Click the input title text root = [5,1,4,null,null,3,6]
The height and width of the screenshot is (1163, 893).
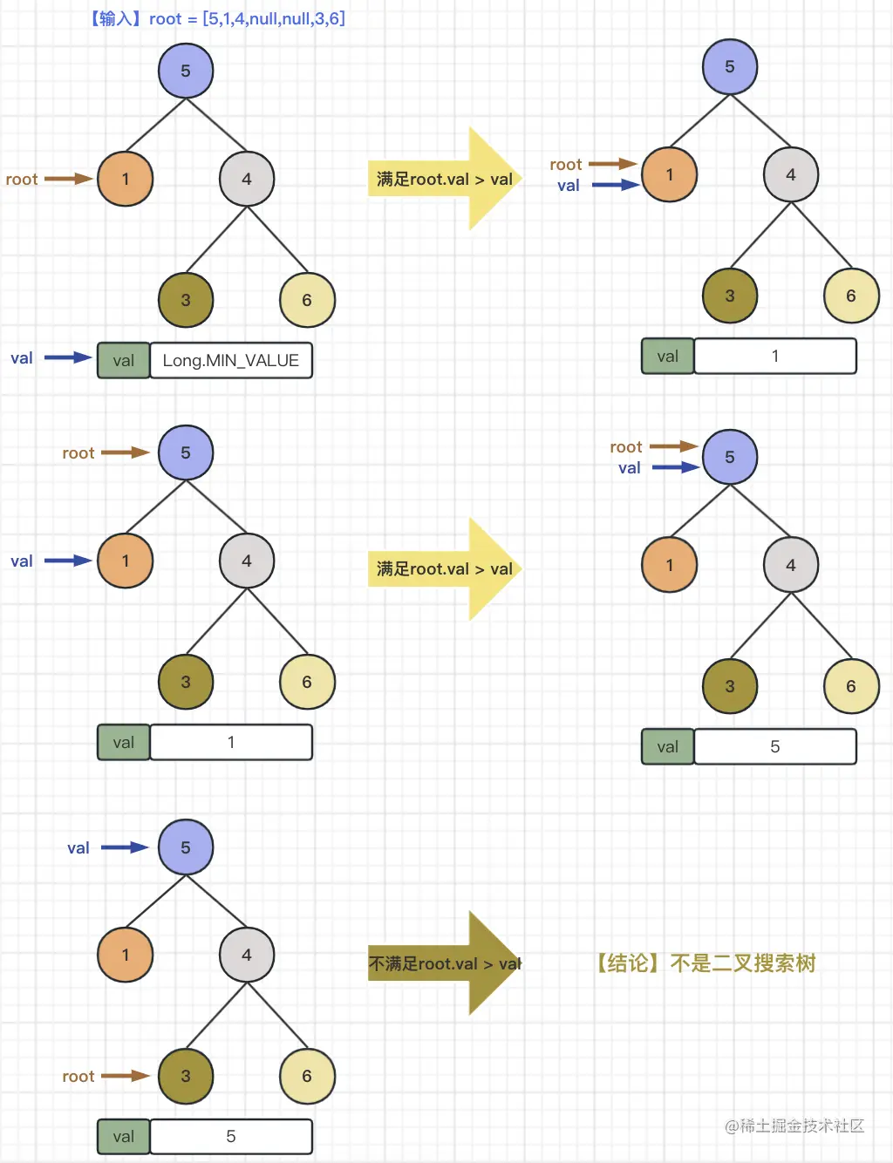[218, 18]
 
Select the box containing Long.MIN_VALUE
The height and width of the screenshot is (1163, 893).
[231, 360]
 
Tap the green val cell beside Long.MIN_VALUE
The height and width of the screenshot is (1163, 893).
[123, 360]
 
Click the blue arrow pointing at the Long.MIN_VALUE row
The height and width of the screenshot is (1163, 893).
[68, 357]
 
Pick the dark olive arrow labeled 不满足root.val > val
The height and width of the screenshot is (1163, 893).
[445, 963]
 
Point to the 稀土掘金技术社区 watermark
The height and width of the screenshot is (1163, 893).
[794, 1126]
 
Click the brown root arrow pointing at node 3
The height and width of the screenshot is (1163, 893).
[126, 1076]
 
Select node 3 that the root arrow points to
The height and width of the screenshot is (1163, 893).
[186, 1076]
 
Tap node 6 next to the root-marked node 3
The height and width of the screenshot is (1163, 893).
[307, 1076]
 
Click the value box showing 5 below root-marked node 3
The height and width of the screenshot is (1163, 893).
[231, 1136]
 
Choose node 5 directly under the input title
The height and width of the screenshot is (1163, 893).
[186, 71]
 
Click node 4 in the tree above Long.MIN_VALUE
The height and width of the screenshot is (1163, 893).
[247, 179]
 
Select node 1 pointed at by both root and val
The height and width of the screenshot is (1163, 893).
[669, 174]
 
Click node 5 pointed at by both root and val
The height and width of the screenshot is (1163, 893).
[730, 457]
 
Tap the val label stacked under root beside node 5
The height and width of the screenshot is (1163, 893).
[630, 468]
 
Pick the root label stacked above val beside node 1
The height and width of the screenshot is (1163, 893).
[566, 165]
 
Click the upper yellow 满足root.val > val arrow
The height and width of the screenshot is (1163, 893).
[445, 179]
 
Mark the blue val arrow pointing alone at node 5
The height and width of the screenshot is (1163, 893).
[125, 847]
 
